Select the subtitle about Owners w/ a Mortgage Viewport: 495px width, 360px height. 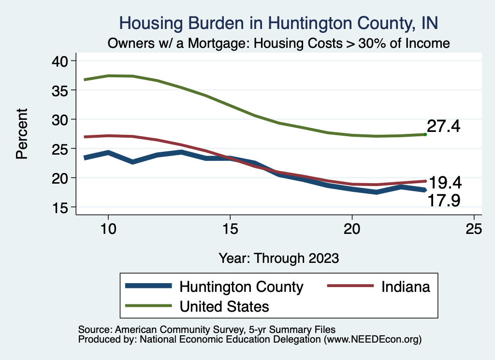278,43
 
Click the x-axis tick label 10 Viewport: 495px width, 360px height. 108,229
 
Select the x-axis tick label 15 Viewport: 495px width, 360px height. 230,229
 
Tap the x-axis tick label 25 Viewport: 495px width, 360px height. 474,229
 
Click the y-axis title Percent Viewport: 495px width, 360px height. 22,134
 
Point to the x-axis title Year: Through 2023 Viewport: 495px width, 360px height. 278,258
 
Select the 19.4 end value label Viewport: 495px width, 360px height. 445,183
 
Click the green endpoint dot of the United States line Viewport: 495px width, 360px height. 425,134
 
